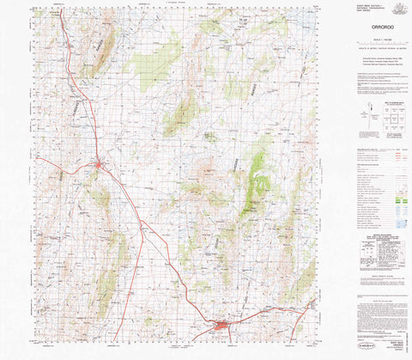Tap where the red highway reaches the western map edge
click(x=38, y=158)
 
